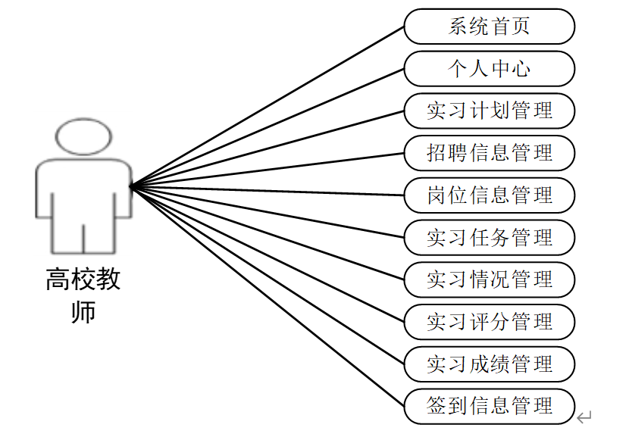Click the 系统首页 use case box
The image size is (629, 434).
[x=489, y=27]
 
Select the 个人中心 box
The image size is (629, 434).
[x=489, y=69]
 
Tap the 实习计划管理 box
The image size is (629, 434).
[x=489, y=111]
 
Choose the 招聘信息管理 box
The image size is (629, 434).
[x=489, y=153]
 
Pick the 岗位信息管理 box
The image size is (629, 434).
[x=489, y=195]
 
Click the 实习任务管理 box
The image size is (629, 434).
[x=489, y=238]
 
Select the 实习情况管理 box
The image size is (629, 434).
[x=489, y=279]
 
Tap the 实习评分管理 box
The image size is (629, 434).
[x=489, y=322]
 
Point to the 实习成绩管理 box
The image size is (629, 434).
[x=489, y=364]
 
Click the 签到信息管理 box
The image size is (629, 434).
[x=489, y=406]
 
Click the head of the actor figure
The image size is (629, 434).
[x=83, y=137]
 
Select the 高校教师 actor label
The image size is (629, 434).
[x=83, y=295]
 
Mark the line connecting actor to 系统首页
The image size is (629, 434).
[x=265, y=107]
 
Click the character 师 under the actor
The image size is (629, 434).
[x=83, y=311]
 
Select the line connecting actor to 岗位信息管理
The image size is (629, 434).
[x=265, y=190]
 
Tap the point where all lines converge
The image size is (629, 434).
[x=131, y=186]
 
